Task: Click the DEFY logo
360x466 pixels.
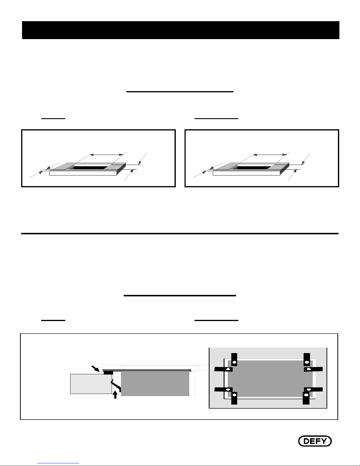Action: click(315, 441)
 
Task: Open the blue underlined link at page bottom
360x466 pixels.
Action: click(58, 463)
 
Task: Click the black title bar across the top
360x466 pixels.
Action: click(181, 30)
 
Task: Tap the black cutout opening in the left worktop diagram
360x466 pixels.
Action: click(90, 168)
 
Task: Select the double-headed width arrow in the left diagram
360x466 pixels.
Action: click(106, 155)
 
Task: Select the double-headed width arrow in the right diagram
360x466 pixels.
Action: click(270, 155)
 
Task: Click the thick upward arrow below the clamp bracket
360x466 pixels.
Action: click(115, 395)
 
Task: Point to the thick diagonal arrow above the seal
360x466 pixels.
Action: click(95, 369)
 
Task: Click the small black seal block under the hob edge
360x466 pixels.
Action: click(108, 373)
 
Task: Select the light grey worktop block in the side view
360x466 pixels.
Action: click(91, 384)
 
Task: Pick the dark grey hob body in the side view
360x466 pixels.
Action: click(155, 383)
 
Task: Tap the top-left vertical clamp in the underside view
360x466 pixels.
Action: click(234, 359)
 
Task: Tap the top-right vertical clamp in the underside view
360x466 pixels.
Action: click(307, 359)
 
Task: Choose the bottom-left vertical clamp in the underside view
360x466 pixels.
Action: click(234, 398)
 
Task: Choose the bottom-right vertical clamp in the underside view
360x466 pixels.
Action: click(306, 398)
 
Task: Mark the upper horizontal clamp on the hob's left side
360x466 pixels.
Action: click(224, 369)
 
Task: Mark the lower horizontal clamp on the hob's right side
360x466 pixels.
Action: click(313, 389)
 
